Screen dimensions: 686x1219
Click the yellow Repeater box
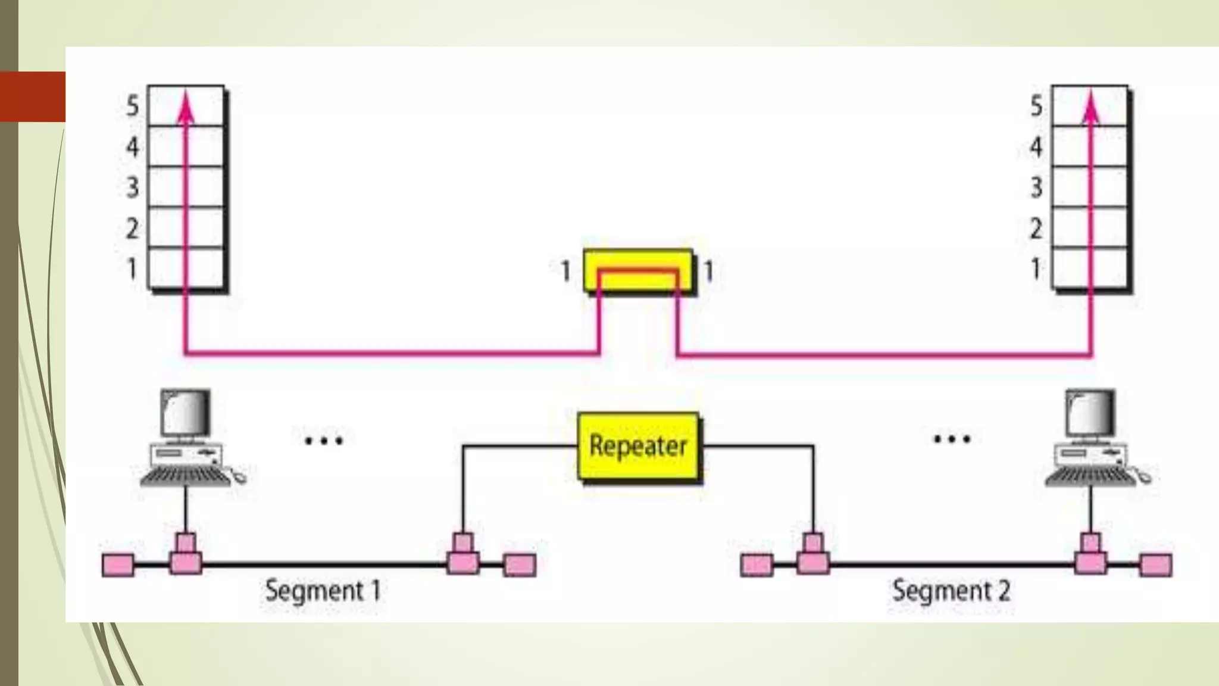pos(638,446)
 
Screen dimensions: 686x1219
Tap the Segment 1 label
pos(322,591)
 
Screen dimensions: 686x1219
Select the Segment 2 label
pos(951,591)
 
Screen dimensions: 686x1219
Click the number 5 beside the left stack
pos(132,106)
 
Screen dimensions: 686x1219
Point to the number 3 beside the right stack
pos(1036,187)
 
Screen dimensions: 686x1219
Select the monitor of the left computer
pos(186,413)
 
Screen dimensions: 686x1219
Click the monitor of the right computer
pos(1090,413)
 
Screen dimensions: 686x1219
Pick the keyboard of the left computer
pos(186,477)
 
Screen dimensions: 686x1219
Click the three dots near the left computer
pos(323,441)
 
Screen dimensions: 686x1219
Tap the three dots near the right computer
pos(952,439)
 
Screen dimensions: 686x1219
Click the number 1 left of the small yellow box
pos(565,272)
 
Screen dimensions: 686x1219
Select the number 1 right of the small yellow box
pos(708,272)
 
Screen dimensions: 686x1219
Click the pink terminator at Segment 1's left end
pos(118,565)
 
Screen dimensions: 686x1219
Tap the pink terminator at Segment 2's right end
pos(1155,565)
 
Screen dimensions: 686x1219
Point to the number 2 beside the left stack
pos(132,228)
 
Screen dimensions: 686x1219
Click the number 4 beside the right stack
pos(1036,146)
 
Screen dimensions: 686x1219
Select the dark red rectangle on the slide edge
pos(33,96)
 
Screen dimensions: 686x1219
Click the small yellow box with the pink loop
pos(638,271)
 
